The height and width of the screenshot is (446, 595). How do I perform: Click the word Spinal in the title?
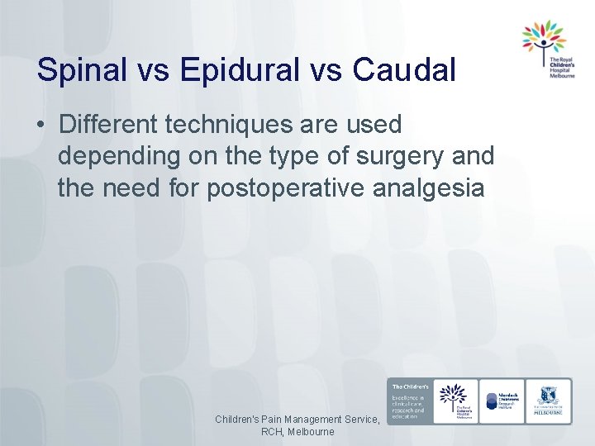(x=81, y=70)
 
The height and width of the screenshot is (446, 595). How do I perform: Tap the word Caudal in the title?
(x=404, y=70)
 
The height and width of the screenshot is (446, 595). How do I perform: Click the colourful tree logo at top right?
(x=543, y=36)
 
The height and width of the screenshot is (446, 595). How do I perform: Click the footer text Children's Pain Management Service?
(x=297, y=420)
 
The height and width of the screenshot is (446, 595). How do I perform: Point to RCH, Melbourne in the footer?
(x=297, y=432)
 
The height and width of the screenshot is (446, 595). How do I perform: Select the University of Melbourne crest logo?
(x=548, y=401)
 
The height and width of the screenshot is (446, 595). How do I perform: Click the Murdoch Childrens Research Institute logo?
(x=502, y=401)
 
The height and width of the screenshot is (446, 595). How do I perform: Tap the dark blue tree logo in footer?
(x=453, y=401)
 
